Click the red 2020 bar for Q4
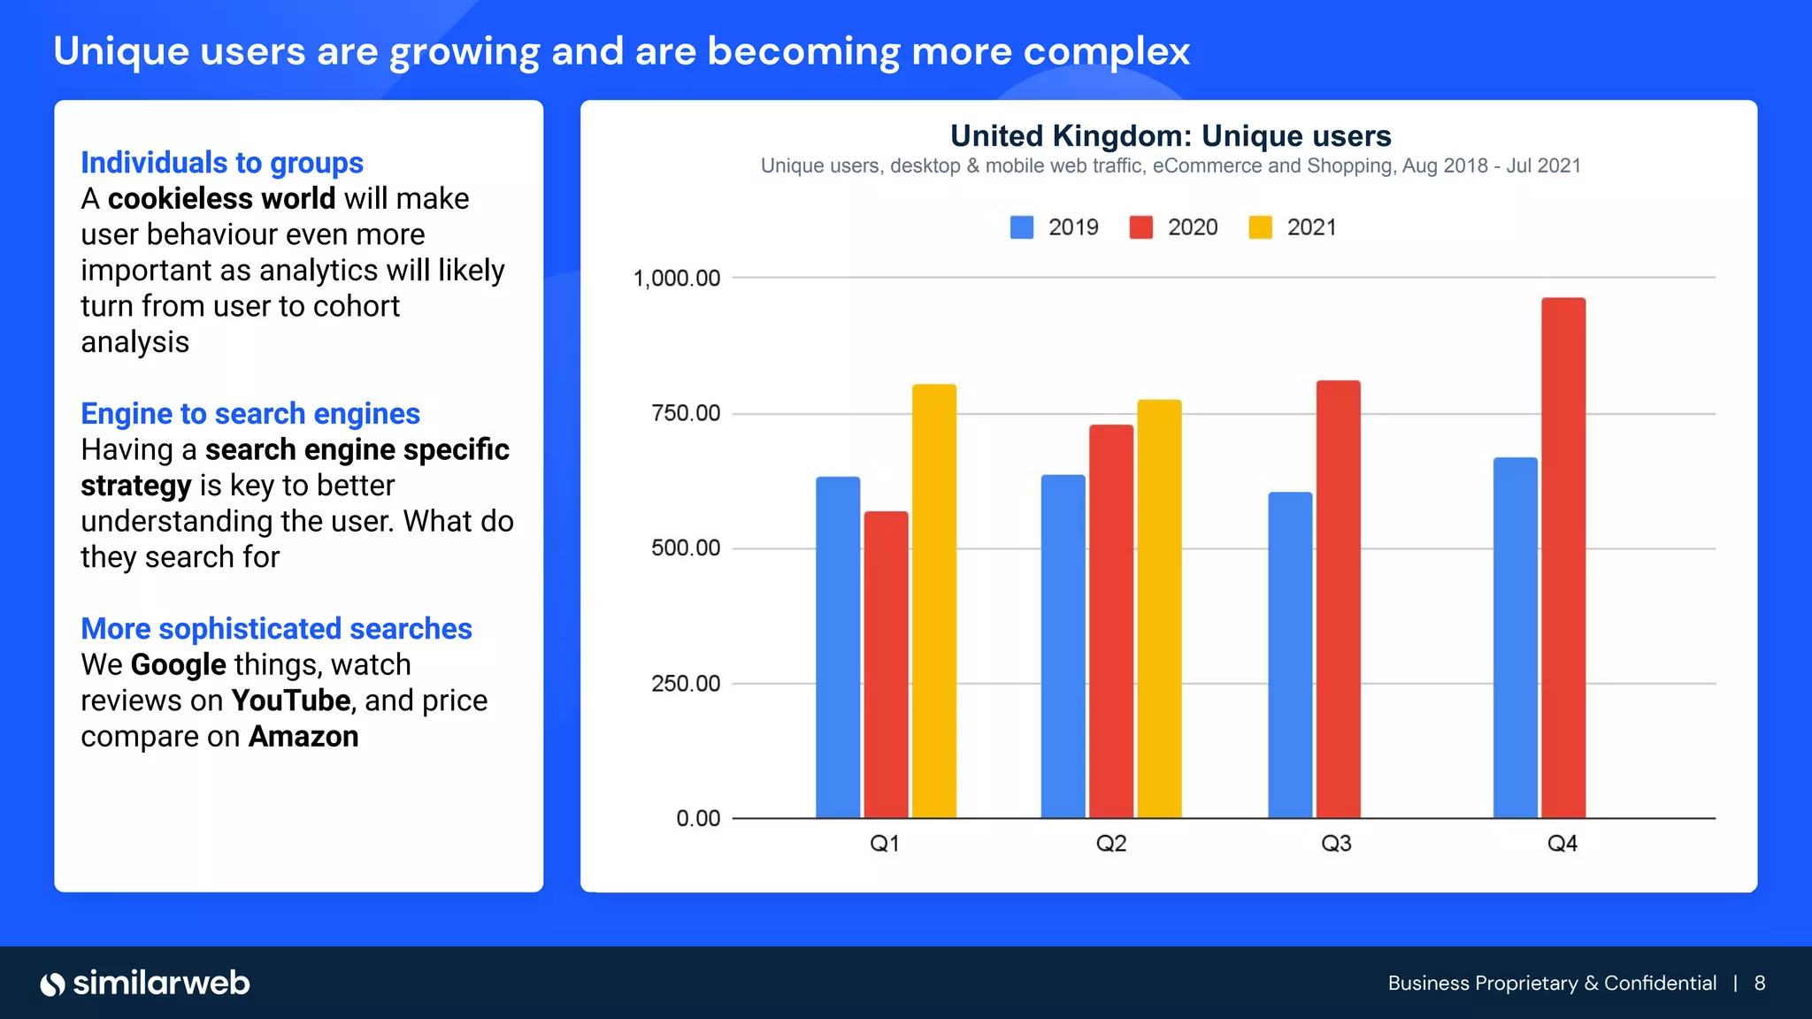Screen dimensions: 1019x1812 point(1563,557)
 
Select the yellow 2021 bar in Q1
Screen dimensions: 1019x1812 point(933,601)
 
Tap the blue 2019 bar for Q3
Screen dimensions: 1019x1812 point(1290,655)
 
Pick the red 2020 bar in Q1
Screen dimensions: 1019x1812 point(886,663)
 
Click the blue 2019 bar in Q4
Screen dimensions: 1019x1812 point(1515,637)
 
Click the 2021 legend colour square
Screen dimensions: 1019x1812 point(1260,227)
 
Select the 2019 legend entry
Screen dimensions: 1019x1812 point(1055,227)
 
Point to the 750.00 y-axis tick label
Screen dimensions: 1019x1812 point(686,413)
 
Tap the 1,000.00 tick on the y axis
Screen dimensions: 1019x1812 point(677,279)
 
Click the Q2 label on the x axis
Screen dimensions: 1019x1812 point(1111,843)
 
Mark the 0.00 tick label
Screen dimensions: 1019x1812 point(698,818)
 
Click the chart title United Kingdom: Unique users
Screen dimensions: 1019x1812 point(1170,135)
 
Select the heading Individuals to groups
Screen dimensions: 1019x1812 point(222,163)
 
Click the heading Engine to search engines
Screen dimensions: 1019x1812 point(250,413)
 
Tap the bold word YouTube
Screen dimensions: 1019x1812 point(291,701)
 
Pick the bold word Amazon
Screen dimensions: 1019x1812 point(303,736)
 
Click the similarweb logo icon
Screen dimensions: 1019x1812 point(53,984)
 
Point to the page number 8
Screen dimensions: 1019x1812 point(1760,984)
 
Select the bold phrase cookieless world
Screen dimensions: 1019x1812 point(221,198)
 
